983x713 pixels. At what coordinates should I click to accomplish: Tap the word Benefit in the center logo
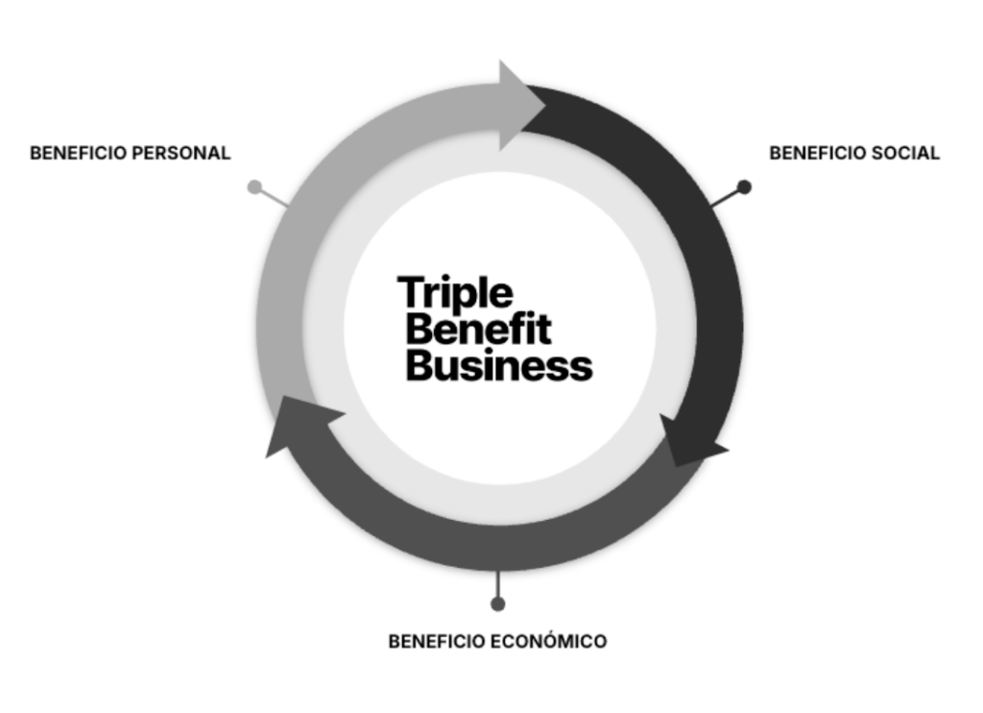point(478,330)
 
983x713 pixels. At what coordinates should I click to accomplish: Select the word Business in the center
point(498,366)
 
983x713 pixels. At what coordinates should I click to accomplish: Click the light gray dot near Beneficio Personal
point(254,186)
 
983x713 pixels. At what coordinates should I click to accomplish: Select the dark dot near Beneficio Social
point(744,186)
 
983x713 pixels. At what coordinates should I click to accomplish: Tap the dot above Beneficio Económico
point(497,603)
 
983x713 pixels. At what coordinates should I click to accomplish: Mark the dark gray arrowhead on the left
point(297,427)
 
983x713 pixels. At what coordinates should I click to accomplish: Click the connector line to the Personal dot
point(275,198)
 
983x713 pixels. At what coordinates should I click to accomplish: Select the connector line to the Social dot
point(725,197)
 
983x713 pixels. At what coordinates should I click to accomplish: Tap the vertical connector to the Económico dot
point(497,583)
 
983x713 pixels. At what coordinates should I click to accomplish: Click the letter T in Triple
point(411,292)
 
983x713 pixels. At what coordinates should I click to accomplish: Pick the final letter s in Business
point(581,368)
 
